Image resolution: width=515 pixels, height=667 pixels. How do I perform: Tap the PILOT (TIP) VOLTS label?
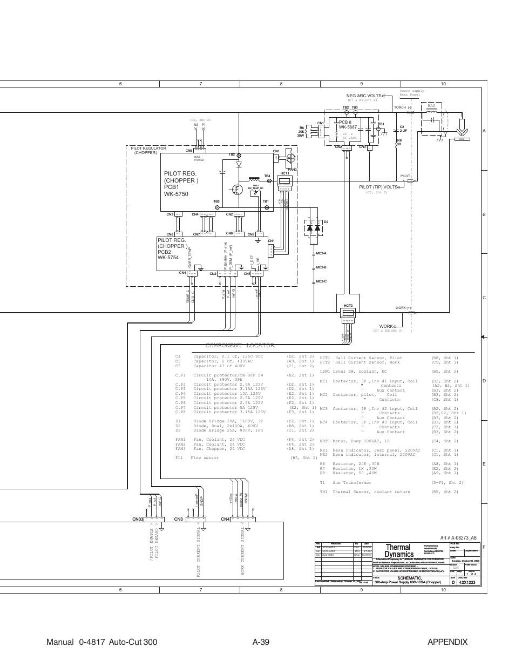point(378,187)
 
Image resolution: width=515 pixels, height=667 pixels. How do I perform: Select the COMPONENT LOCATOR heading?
point(240,345)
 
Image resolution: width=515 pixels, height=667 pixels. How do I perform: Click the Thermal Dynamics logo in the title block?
point(398,550)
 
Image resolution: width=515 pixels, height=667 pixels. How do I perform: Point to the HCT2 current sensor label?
point(348,306)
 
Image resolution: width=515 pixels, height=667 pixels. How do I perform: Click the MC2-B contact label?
point(322,267)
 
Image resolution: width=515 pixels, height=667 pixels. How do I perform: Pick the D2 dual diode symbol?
point(314,228)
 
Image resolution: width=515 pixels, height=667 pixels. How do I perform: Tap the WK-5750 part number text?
point(176,194)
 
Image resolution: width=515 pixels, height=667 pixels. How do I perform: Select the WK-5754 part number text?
point(168,258)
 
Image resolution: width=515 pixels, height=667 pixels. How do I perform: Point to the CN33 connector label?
point(137,520)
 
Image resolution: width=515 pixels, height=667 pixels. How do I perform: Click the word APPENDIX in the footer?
point(446,642)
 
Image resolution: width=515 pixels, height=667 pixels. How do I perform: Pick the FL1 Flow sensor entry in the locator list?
point(197,458)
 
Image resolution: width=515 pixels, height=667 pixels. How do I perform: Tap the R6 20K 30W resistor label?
point(302,131)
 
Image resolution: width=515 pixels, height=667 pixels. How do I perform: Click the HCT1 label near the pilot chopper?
point(284,173)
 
